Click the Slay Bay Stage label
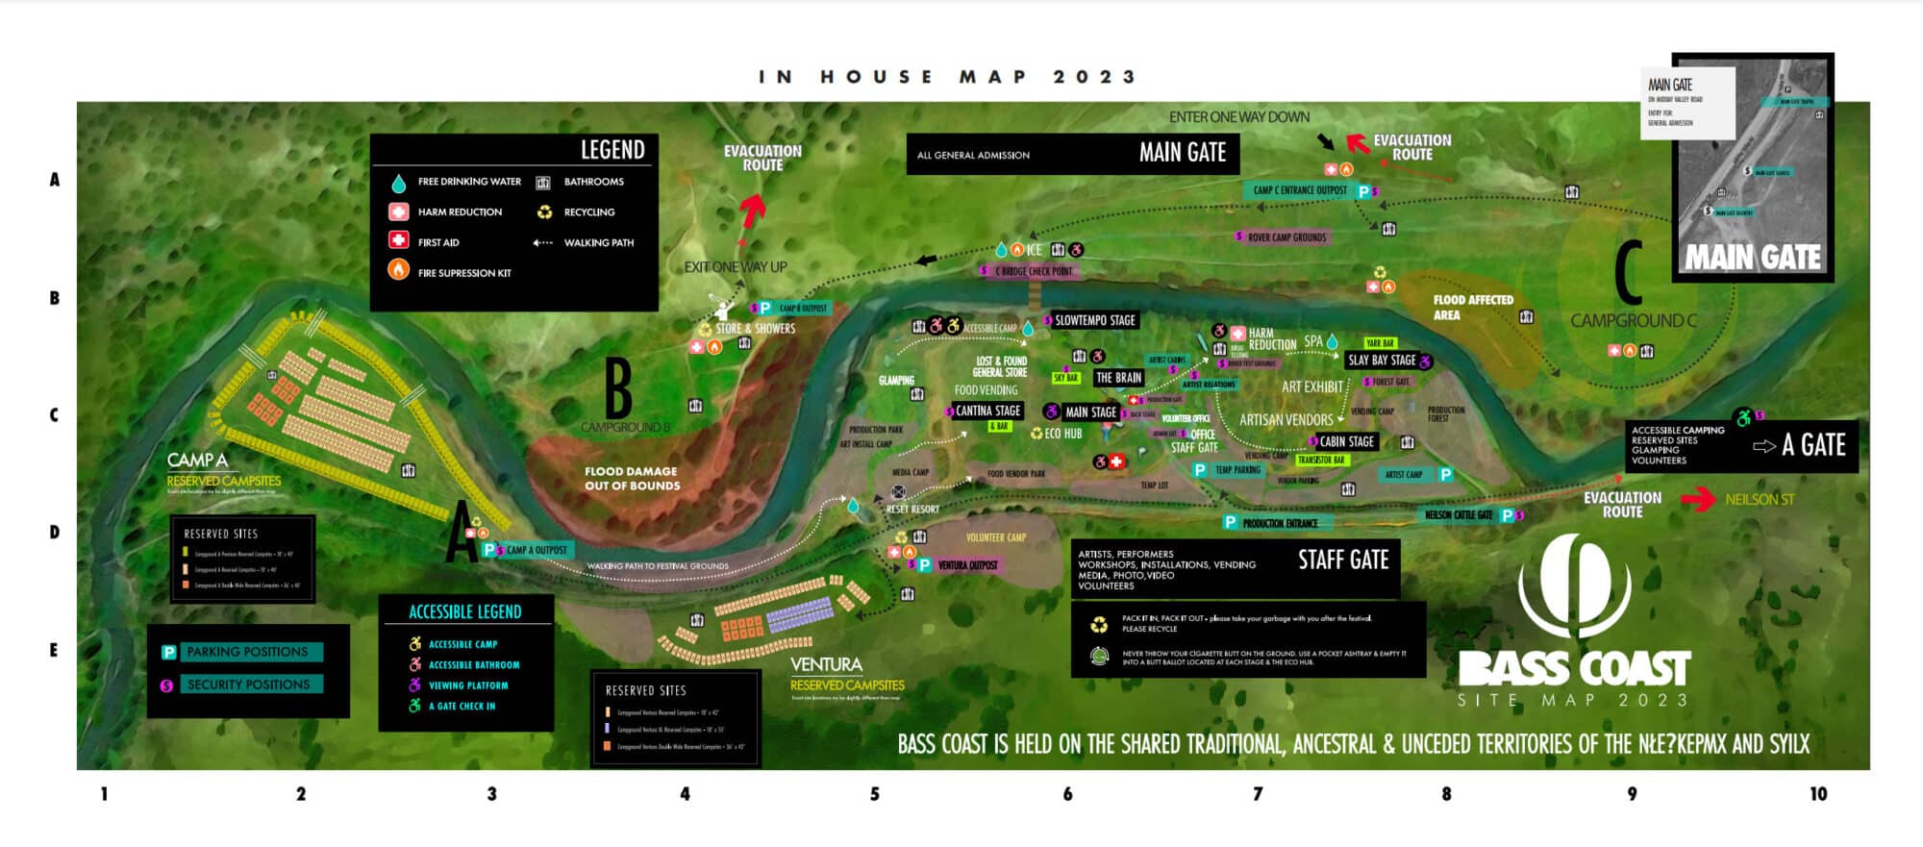(1382, 361)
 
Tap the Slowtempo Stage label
(1095, 320)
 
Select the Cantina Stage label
(987, 411)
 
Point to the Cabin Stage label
(1346, 441)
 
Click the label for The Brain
(1118, 378)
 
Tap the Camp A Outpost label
(536, 550)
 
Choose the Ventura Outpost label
(966, 565)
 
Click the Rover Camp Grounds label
(1286, 237)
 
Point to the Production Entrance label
(1279, 523)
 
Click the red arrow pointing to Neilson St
(1698, 500)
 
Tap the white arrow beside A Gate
(1763, 446)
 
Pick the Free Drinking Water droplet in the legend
(398, 183)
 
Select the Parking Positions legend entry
(246, 652)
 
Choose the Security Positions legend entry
(247, 685)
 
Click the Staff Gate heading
(1343, 560)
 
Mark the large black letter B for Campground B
(618, 388)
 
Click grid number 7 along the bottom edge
(1258, 794)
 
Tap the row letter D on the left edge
(55, 533)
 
